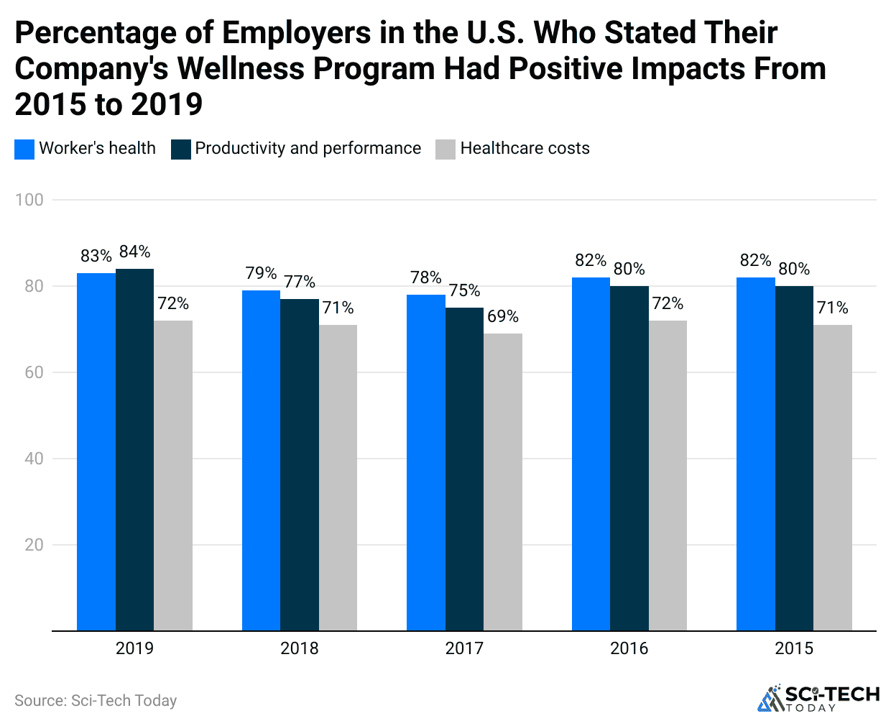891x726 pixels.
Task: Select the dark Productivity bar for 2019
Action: click(134, 449)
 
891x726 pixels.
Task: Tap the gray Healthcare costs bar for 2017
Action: click(503, 482)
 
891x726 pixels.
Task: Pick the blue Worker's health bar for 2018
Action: click(261, 460)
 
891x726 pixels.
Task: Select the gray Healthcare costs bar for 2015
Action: click(833, 477)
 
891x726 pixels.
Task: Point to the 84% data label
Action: click(134, 252)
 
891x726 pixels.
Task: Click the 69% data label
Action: click(503, 316)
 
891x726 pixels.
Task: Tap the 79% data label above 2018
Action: click(261, 273)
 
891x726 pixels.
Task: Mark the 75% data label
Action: click(464, 290)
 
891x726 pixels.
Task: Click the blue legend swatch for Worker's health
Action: click(24, 149)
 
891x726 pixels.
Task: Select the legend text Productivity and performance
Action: click(308, 148)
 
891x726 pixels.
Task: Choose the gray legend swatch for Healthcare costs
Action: click(445, 149)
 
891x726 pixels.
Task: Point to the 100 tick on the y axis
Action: click(29, 200)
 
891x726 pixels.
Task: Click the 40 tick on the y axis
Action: click(34, 459)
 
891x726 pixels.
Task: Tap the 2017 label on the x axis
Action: click(464, 648)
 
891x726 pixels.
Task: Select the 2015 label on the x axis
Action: click(794, 648)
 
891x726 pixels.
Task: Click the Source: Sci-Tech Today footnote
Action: click(96, 700)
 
